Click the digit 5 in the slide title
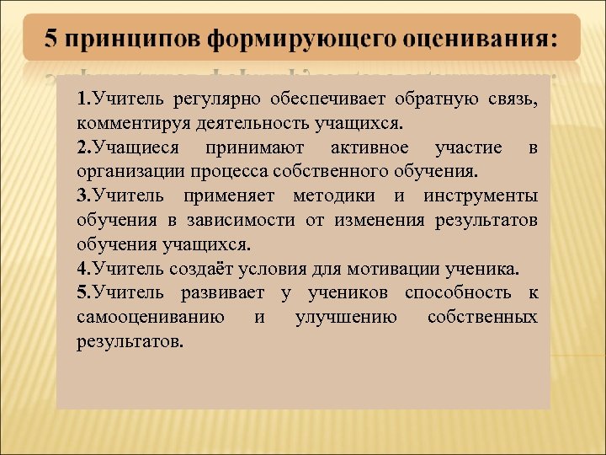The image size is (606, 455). pyautogui.click(x=51, y=39)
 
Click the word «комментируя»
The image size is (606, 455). pyautogui.click(x=128, y=124)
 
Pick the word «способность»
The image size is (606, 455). pyautogui.click(x=457, y=293)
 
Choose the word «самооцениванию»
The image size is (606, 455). pyautogui.click(x=150, y=317)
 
